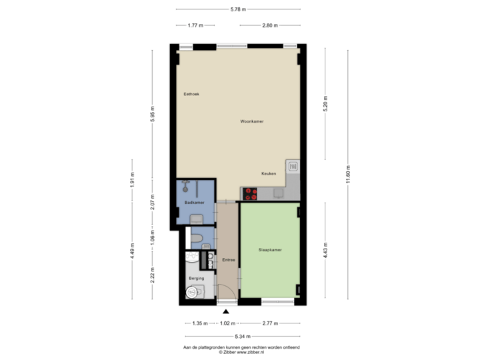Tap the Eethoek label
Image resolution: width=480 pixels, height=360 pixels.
pyautogui.click(x=191, y=94)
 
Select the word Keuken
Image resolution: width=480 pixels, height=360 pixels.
pyautogui.click(x=269, y=173)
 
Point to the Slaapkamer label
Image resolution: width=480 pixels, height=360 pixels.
pyautogui.click(x=269, y=250)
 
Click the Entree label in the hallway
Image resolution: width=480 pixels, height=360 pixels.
pyautogui.click(x=228, y=259)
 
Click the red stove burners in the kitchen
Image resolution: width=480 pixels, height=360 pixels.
pyautogui.click(x=251, y=194)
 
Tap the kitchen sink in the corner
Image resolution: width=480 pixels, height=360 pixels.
pyautogui.click(x=293, y=166)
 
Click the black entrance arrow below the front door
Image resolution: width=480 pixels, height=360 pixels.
pyautogui.click(x=226, y=311)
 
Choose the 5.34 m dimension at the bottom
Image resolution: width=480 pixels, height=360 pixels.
pyautogui.click(x=239, y=337)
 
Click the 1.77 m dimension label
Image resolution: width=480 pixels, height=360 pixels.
pyautogui.click(x=195, y=25)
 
